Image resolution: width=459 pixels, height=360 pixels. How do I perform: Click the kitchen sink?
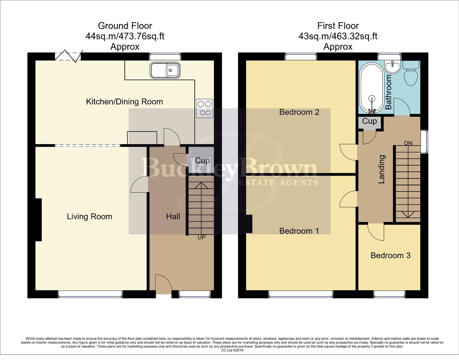(165, 70)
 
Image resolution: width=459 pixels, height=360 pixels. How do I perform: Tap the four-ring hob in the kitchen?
(204, 108)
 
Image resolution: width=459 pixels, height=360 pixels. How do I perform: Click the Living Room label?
(89, 217)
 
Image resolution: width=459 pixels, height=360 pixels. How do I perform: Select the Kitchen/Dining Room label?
(124, 102)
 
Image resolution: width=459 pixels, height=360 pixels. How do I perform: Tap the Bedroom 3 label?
(390, 255)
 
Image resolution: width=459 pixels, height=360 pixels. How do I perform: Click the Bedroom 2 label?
(299, 112)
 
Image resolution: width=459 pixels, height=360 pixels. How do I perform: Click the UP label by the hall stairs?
(201, 237)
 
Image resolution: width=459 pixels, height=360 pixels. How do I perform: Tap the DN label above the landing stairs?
(408, 143)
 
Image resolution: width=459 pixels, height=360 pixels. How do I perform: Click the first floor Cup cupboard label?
(369, 121)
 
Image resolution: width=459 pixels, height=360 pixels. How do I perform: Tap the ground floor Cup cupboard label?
(202, 160)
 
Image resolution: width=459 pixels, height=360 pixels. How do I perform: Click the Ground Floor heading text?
(125, 26)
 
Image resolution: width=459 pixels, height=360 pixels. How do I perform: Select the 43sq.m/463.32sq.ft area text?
(338, 36)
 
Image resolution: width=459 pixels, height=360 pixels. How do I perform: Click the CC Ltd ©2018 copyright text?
(232, 350)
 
